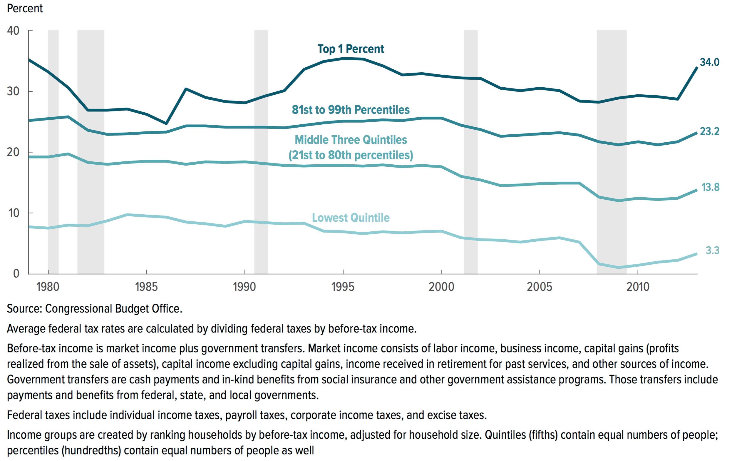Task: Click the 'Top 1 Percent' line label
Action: click(351, 49)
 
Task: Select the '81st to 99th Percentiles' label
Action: click(351, 110)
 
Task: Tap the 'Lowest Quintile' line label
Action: click(351, 218)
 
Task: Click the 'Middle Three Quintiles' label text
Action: click(351, 140)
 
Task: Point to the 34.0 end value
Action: click(709, 62)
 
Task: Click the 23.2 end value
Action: click(709, 131)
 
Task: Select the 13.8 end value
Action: click(710, 187)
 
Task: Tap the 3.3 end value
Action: click(712, 250)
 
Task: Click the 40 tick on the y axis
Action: click(13, 31)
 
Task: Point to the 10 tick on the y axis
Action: click(14, 213)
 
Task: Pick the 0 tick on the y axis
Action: click(16, 273)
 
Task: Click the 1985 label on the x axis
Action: click(146, 287)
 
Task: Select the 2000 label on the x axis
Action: click(441, 287)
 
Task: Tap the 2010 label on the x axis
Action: click(638, 287)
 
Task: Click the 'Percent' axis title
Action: click(25, 9)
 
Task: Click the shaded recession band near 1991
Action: click(261, 153)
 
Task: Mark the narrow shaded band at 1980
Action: click(53, 153)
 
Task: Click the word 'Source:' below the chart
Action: click(24, 309)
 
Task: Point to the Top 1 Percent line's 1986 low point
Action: click(166, 123)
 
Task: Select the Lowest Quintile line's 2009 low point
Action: click(618, 267)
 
